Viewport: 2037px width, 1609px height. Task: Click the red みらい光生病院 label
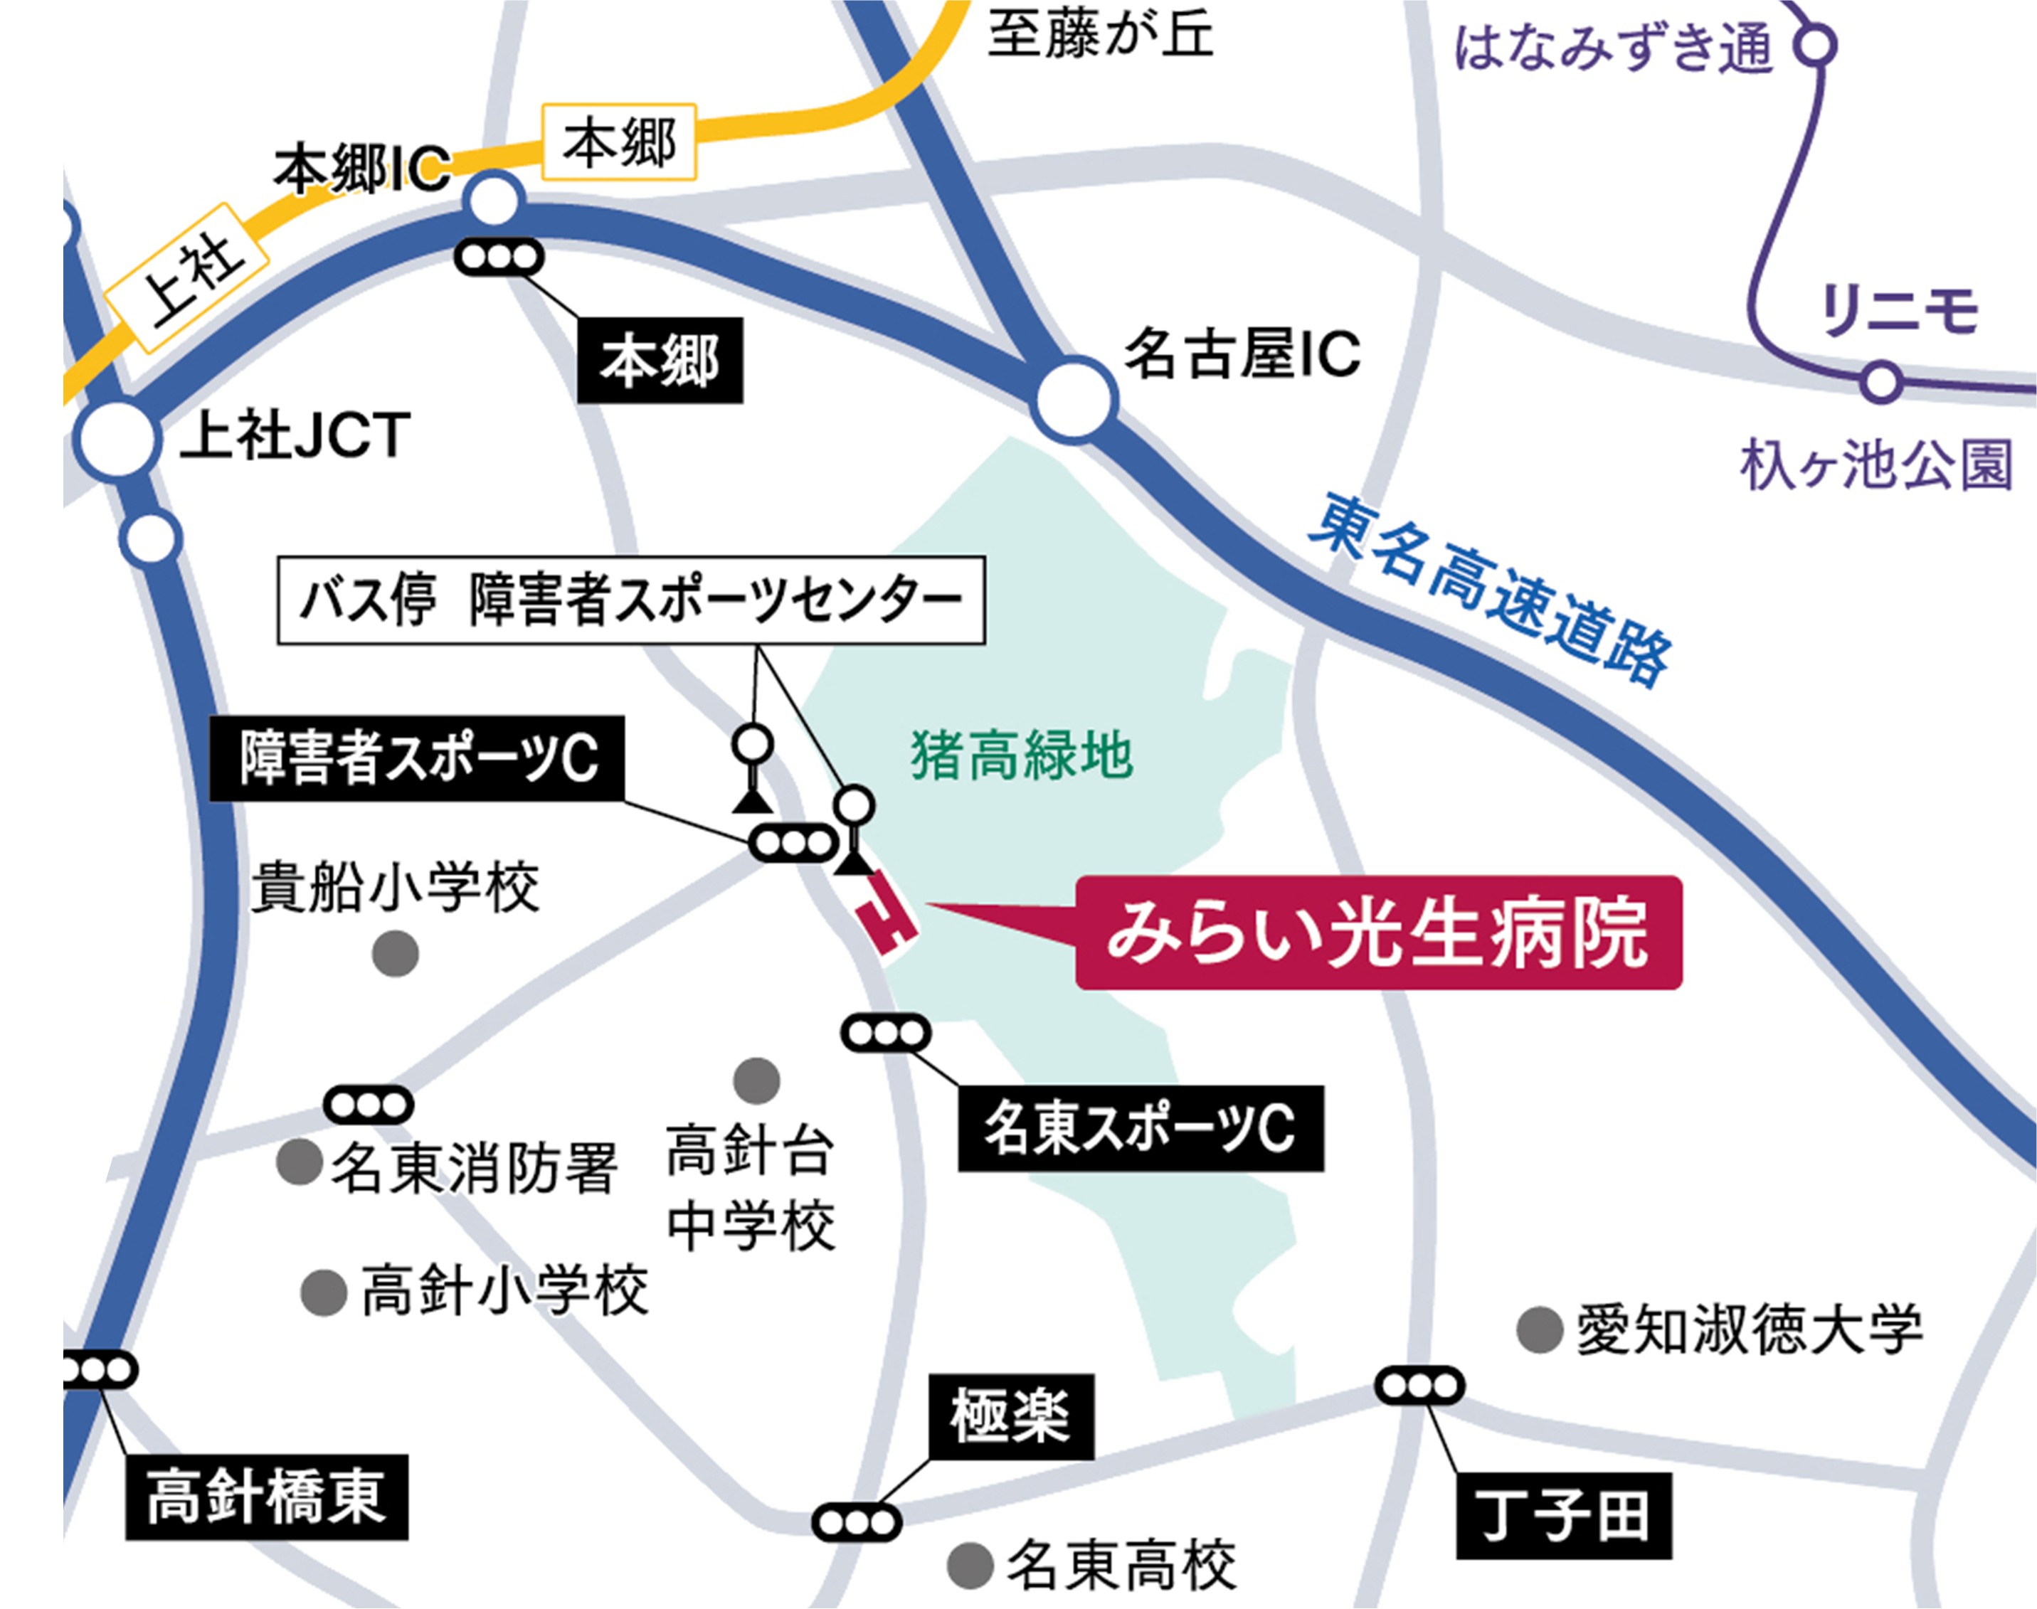click(1377, 933)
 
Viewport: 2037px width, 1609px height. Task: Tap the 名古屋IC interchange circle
click(1073, 398)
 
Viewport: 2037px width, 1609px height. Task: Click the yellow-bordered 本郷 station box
click(619, 142)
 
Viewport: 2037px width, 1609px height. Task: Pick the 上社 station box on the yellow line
click(186, 278)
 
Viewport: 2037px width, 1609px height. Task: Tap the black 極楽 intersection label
click(1011, 1416)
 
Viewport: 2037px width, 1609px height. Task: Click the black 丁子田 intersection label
click(1563, 1516)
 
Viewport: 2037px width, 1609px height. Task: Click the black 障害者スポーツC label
click(416, 758)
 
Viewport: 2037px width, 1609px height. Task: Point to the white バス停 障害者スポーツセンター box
click(630, 600)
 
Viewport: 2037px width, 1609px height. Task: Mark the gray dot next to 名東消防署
click(300, 1161)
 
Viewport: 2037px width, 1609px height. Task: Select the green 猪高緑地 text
click(1021, 756)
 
